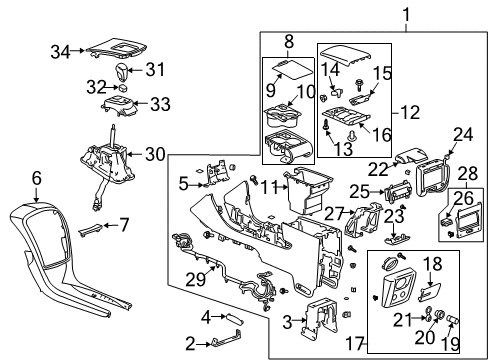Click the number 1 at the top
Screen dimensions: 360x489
(x=378, y=13)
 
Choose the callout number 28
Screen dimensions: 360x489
(x=466, y=174)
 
